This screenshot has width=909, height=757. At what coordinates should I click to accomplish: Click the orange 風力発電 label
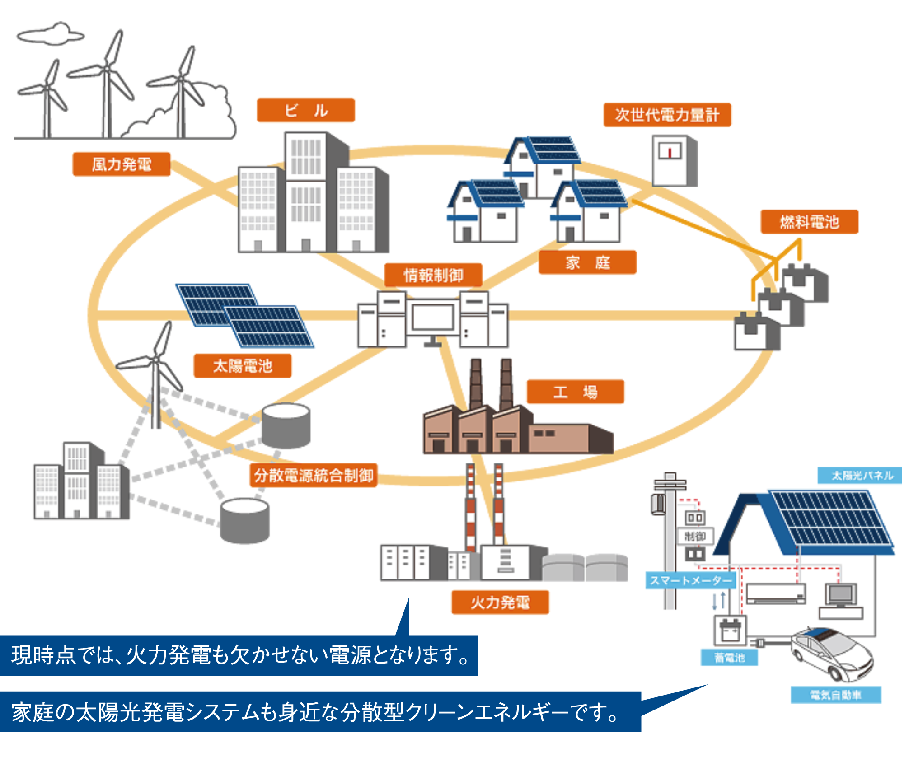tap(121, 164)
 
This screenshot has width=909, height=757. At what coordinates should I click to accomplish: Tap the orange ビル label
tap(306, 110)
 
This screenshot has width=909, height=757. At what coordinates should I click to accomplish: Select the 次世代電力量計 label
tap(667, 115)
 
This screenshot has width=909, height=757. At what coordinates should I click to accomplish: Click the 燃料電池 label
tap(809, 222)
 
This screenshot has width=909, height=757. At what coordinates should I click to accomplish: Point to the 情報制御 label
tap(433, 275)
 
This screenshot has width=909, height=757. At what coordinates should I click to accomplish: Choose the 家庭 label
tap(587, 262)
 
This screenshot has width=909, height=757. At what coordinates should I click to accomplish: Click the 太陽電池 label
tap(243, 366)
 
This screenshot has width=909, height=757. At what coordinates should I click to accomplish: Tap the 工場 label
tap(575, 392)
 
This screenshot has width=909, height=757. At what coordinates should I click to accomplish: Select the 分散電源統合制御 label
tap(314, 475)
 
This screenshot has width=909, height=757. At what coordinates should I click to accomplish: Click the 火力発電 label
tap(500, 602)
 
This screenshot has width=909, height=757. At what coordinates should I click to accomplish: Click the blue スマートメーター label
tap(690, 580)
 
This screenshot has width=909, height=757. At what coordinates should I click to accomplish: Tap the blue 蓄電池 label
tap(729, 657)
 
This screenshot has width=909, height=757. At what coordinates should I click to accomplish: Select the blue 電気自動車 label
tap(835, 695)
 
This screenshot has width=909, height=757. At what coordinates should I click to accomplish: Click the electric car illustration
tap(832, 653)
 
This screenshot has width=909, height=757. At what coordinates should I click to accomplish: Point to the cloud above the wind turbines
tap(51, 34)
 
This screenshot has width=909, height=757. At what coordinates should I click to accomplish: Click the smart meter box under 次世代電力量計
tap(674, 161)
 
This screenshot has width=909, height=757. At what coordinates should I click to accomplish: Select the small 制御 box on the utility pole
tap(695, 536)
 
